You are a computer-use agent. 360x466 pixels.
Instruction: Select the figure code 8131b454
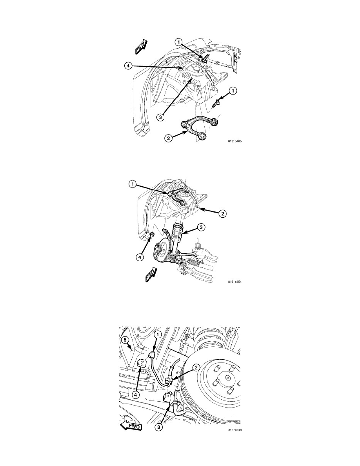(x=235, y=281)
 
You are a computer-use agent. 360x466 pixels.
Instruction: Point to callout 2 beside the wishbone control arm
(x=169, y=138)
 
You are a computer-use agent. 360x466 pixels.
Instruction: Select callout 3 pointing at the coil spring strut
(x=201, y=228)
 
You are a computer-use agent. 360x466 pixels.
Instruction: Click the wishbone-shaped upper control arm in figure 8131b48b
(x=200, y=128)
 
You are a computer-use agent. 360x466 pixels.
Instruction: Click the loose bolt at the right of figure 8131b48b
(x=216, y=104)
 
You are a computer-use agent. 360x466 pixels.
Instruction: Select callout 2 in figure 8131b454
(x=223, y=213)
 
